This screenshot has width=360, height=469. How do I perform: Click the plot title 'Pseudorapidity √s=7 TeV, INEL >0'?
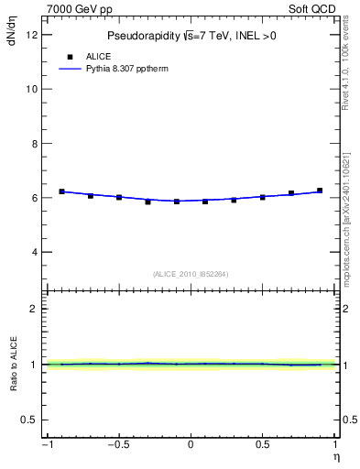[x=191, y=36]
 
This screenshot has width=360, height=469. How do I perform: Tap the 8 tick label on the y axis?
[x=34, y=144]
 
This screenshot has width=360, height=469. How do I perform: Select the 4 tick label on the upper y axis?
[x=34, y=252]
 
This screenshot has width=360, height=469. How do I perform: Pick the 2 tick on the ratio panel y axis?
[x=34, y=309]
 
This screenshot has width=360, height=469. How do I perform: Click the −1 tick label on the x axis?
[x=46, y=445]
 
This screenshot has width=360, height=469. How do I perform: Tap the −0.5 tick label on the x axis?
[x=117, y=445]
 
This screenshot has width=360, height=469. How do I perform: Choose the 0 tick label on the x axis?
[x=191, y=445]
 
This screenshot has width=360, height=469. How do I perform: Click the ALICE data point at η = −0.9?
[x=61, y=191]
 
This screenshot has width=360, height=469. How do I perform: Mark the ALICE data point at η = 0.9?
[x=320, y=191]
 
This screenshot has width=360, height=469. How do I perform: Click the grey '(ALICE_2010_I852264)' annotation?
[x=191, y=274]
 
